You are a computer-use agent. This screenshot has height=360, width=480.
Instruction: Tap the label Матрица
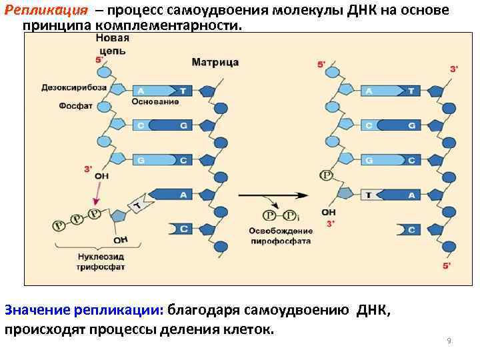[x=215, y=63]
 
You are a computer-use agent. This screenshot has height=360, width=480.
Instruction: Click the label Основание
[x=155, y=102]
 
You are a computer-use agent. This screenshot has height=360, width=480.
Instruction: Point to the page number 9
[x=449, y=341]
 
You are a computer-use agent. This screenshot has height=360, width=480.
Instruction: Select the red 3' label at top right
[x=454, y=69]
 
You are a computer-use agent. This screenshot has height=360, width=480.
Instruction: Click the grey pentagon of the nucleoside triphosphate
[x=119, y=215]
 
